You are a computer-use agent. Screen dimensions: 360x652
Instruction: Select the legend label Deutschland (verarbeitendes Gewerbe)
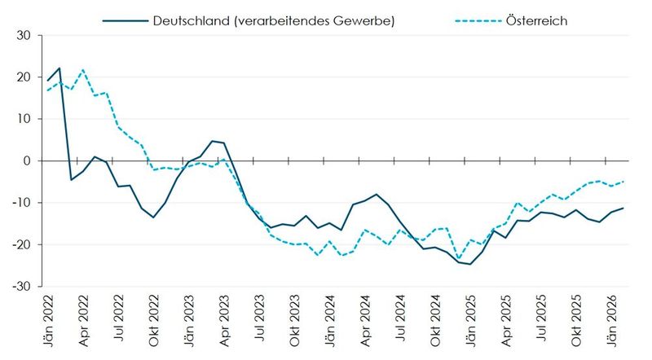[274, 20]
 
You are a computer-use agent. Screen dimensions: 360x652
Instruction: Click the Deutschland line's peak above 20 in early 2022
[59, 68]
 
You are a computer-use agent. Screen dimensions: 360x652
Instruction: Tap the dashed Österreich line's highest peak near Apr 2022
[83, 70]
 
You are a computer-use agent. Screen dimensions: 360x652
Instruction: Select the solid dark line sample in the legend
[125, 20]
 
